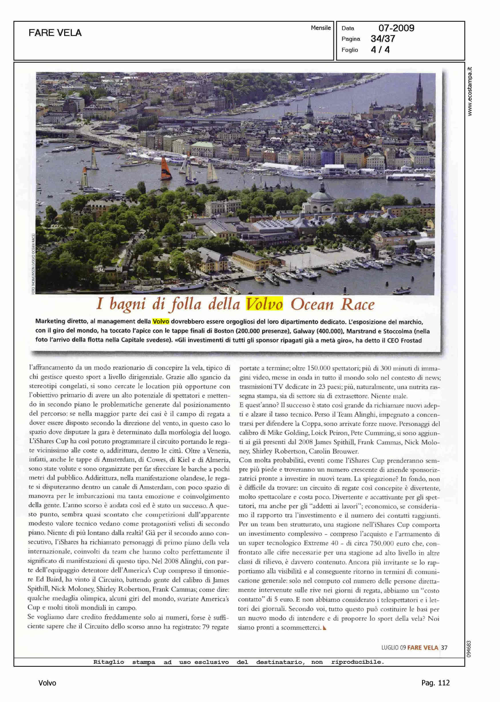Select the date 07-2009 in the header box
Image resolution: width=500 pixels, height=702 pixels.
(x=396, y=28)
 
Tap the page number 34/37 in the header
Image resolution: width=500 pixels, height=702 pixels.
(x=383, y=39)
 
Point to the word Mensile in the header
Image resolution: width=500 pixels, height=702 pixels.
(x=321, y=28)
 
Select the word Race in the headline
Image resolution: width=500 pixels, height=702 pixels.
(x=357, y=304)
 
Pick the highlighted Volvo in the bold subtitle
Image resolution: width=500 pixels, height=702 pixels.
(x=161, y=321)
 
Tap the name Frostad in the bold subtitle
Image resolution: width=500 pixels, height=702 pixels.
(x=411, y=340)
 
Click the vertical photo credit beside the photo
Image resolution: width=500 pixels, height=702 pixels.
(x=33, y=264)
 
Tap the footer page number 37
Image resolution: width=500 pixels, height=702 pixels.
(x=444, y=648)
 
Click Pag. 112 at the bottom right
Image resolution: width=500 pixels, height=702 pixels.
(x=435, y=683)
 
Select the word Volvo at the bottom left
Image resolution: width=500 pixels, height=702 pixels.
(x=47, y=683)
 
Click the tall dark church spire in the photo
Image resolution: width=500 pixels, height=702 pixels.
(x=419, y=89)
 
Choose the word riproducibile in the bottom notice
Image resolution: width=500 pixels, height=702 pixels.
(x=357, y=662)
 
